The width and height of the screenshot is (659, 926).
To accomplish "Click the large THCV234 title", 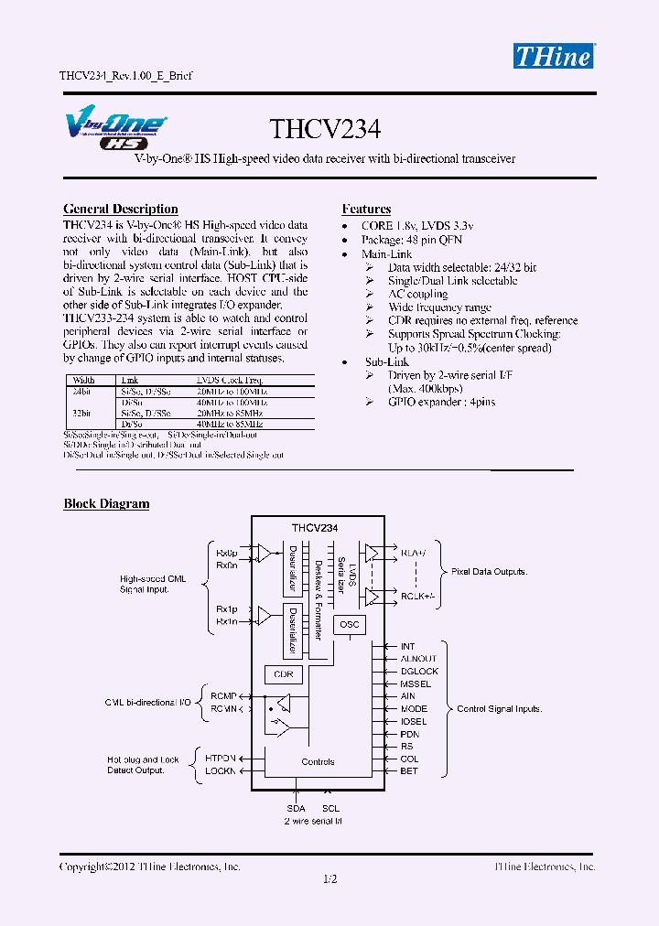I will [325, 128].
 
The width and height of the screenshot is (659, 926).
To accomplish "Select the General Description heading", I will [121, 210].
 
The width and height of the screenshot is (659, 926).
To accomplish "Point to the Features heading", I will [366, 210].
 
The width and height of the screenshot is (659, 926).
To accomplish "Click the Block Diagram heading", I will [106, 504].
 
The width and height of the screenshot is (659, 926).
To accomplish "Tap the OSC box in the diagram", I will [350, 625].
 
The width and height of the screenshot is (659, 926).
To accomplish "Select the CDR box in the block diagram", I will [283, 674].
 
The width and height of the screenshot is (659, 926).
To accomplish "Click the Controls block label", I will [318, 761].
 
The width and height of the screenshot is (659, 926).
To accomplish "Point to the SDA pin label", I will [296, 809].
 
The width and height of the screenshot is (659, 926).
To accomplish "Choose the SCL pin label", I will [330, 809].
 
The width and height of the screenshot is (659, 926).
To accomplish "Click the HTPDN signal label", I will [221, 759].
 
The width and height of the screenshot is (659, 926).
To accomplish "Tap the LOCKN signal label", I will [221, 771].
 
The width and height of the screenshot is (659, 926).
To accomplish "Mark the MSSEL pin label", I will [416, 684].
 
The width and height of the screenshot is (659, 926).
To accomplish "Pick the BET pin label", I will [409, 771].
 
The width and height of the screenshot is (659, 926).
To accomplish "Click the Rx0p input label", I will [226, 554].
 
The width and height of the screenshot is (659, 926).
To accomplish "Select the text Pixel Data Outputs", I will [489, 572].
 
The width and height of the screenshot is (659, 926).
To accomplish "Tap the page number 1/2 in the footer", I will [330, 879].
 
